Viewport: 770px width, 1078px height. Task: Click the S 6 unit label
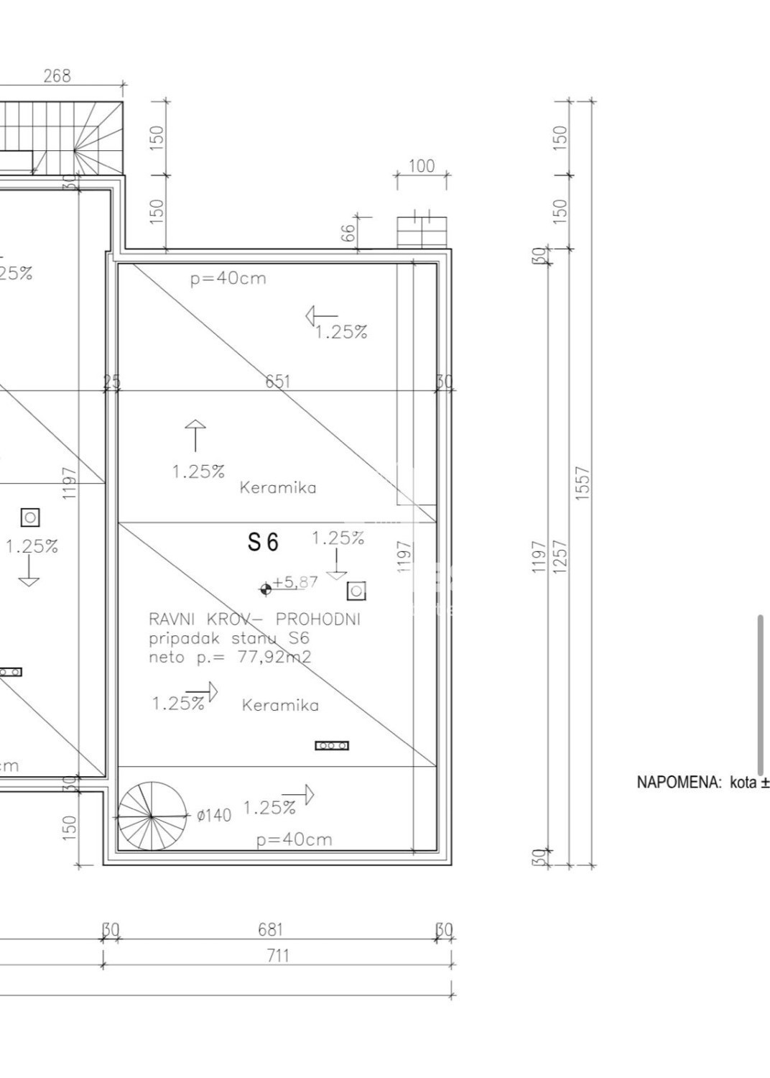(263, 542)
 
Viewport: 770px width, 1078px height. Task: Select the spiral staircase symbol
(152, 817)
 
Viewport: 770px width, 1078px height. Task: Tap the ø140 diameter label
(214, 815)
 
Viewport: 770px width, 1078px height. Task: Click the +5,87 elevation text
(295, 582)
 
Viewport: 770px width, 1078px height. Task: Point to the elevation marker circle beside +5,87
(266, 589)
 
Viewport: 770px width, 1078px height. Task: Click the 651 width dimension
(278, 381)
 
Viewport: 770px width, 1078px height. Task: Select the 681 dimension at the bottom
(270, 930)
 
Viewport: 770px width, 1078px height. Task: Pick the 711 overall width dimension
(277, 955)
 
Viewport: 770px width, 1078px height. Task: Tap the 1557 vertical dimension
(583, 484)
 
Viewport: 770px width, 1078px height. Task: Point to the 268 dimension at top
(57, 75)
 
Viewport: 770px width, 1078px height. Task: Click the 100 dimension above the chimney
(422, 166)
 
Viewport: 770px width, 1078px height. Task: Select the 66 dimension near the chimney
(348, 233)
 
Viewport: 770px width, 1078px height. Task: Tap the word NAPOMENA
(679, 782)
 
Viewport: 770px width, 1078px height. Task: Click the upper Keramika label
(278, 488)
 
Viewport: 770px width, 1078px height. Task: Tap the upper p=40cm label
(228, 279)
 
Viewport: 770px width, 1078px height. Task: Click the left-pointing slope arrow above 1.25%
(321, 315)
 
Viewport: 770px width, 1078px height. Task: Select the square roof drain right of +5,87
(356, 591)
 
